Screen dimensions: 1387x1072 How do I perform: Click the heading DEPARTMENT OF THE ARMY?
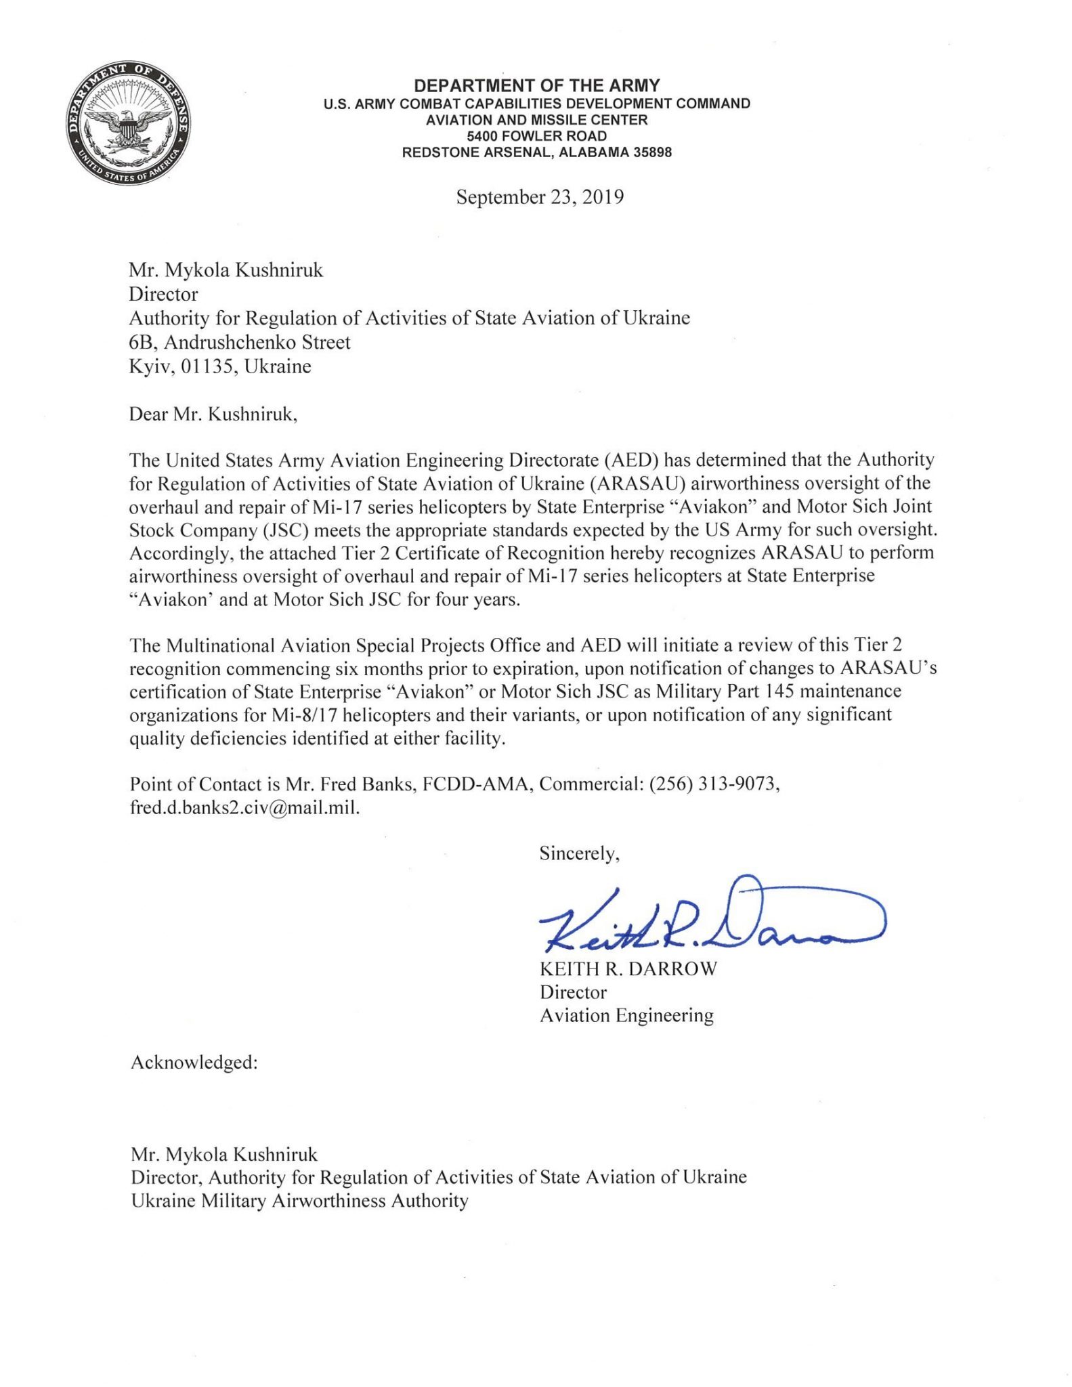536,86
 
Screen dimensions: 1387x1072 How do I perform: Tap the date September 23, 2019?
540,197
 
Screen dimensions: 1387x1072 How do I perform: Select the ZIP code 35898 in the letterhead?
652,152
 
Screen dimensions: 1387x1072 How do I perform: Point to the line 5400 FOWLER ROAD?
536,136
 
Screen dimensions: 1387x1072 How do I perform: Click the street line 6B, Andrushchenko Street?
240,342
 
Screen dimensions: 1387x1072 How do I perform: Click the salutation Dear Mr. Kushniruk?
213,414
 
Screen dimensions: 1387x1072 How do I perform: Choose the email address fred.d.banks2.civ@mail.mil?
244,807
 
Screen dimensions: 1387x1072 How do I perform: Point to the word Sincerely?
579,853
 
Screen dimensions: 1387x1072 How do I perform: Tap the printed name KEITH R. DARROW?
628,969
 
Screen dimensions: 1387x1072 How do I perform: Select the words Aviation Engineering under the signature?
626,1015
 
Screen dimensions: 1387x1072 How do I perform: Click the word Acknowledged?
194,1062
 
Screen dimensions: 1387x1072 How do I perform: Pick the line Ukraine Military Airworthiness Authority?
299,1201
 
